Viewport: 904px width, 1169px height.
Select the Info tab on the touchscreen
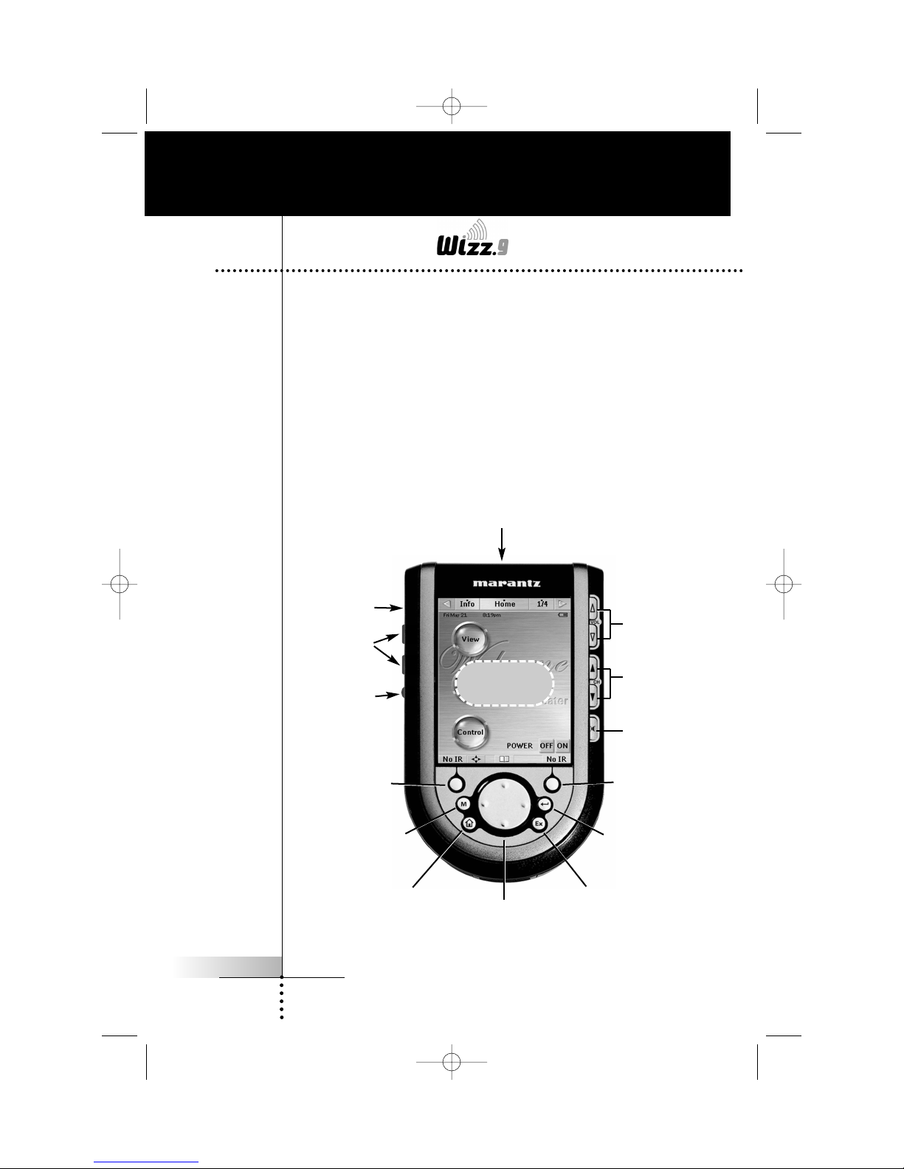pyautogui.click(x=467, y=604)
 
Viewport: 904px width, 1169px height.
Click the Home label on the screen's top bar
pyautogui.click(x=505, y=604)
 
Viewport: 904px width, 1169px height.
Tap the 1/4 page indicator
pyautogui.click(x=542, y=604)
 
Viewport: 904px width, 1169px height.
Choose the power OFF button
pyautogui.click(x=546, y=746)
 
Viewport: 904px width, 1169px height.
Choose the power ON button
pyautogui.click(x=562, y=746)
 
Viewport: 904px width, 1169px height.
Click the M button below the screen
pyautogui.click(x=463, y=804)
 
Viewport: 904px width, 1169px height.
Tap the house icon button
pyautogui.click(x=468, y=823)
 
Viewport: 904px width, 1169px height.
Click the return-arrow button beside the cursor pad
pyautogui.click(x=544, y=804)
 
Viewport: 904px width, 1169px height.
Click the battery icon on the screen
pyautogui.click(x=563, y=614)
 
